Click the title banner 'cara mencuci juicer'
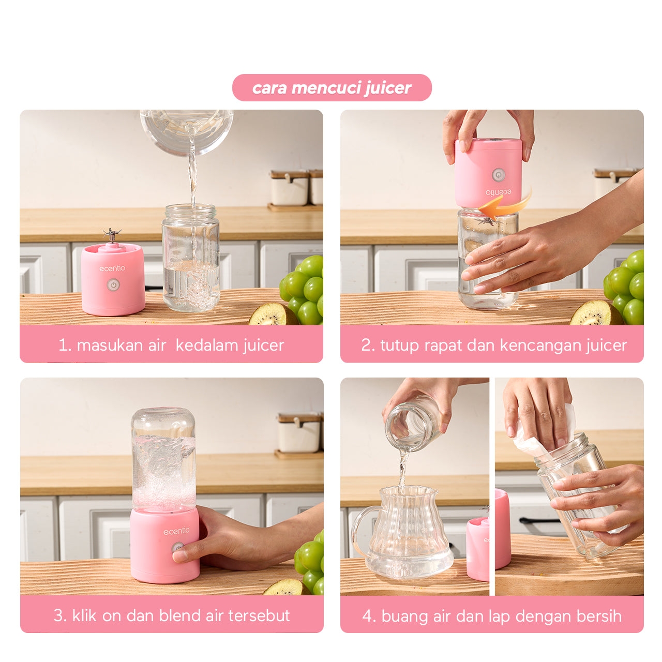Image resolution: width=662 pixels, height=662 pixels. point(332,88)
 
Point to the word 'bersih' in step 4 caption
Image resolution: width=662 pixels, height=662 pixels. point(598,616)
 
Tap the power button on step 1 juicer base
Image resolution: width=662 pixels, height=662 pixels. point(113,284)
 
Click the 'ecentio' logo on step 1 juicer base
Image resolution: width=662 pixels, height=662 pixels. point(112,268)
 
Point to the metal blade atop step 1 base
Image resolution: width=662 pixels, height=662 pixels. point(112,234)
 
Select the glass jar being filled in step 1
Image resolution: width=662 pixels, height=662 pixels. point(191,259)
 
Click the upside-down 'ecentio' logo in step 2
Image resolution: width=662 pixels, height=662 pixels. point(498,192)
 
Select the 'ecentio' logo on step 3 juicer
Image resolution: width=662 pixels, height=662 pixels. point(176,531)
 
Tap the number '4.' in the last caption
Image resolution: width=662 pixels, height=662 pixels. point(369,616)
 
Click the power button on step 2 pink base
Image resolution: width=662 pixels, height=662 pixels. point(498,174)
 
